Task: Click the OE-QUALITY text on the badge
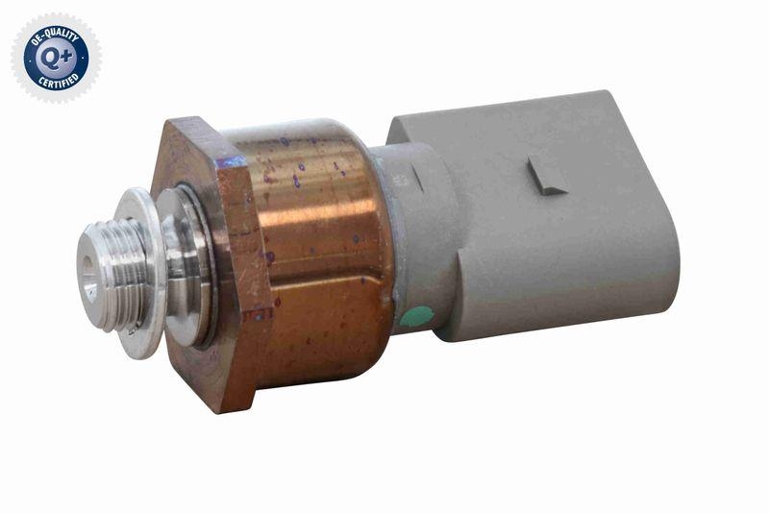55,33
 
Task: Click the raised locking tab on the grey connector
547,176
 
